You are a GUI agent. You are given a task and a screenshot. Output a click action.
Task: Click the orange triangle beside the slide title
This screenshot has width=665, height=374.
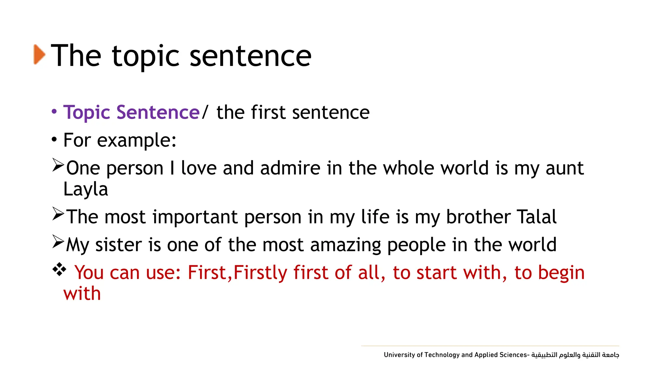point(39,54)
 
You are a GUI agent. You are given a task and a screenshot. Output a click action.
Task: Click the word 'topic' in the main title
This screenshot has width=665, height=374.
point(145,57)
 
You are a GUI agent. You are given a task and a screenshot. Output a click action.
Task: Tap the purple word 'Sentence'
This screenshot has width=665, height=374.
point(158,112)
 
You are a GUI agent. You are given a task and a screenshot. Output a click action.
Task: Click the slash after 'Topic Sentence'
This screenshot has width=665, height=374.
point(205,112)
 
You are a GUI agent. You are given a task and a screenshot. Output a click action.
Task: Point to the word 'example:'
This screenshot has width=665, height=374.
point(136,141)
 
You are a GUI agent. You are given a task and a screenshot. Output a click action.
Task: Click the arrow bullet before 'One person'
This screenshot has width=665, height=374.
point(58,165)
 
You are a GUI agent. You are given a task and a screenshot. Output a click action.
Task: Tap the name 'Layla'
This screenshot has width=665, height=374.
point(85,189)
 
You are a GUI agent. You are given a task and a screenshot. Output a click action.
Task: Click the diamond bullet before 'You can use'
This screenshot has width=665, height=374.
point(59,269)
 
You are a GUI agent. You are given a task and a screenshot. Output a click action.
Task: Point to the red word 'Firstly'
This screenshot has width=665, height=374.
point(260,273)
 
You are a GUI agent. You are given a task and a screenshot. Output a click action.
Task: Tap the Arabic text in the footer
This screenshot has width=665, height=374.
point(575,355)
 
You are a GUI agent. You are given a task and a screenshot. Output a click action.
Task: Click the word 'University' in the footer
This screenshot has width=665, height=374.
point(399,355)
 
